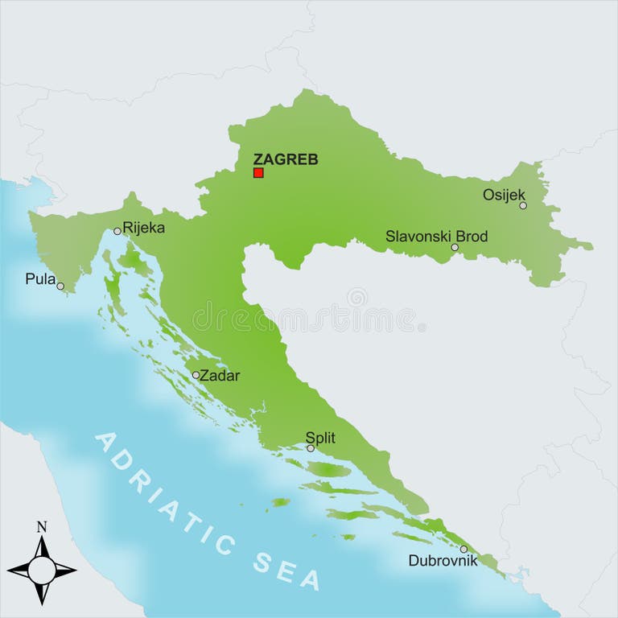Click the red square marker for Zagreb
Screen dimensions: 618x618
[258, 172]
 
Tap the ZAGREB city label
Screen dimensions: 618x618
[285, 159]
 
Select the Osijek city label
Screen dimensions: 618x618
[504, 194]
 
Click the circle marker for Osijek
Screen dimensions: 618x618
[523, 205]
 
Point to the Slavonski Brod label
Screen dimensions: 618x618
[436, 236]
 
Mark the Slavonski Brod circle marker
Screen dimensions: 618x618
[455, 247]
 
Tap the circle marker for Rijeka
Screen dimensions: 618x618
[117, 231]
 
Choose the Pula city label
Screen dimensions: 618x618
[40, 279]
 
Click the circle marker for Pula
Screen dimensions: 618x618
[60, 286]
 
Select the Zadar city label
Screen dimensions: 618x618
[220, 375]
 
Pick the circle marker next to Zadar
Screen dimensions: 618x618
[196, 375]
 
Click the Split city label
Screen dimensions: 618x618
[320, 439]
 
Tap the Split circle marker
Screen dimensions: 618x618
[311, 448]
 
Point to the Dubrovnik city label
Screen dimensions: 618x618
[443, 561]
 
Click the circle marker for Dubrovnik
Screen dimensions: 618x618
[463, 549]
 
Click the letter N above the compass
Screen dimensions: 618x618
[42, 528]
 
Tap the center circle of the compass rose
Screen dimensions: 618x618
[42, 570]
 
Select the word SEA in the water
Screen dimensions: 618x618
[286, 567]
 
